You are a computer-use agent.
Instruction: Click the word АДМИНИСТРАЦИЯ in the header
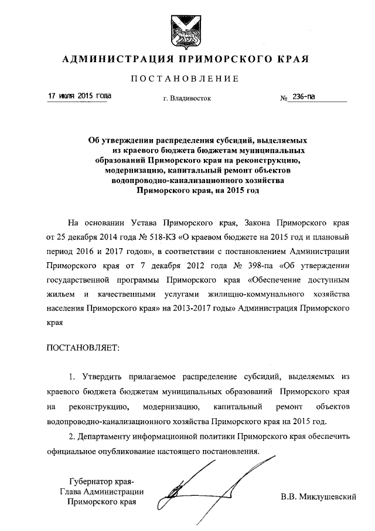coord(110,59)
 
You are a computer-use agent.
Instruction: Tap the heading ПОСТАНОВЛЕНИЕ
coord(185,79)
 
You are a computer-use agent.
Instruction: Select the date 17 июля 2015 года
coord(78,96)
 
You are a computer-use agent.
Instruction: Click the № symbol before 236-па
coord(284,98)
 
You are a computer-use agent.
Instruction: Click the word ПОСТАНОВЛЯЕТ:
coord(83,349)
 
